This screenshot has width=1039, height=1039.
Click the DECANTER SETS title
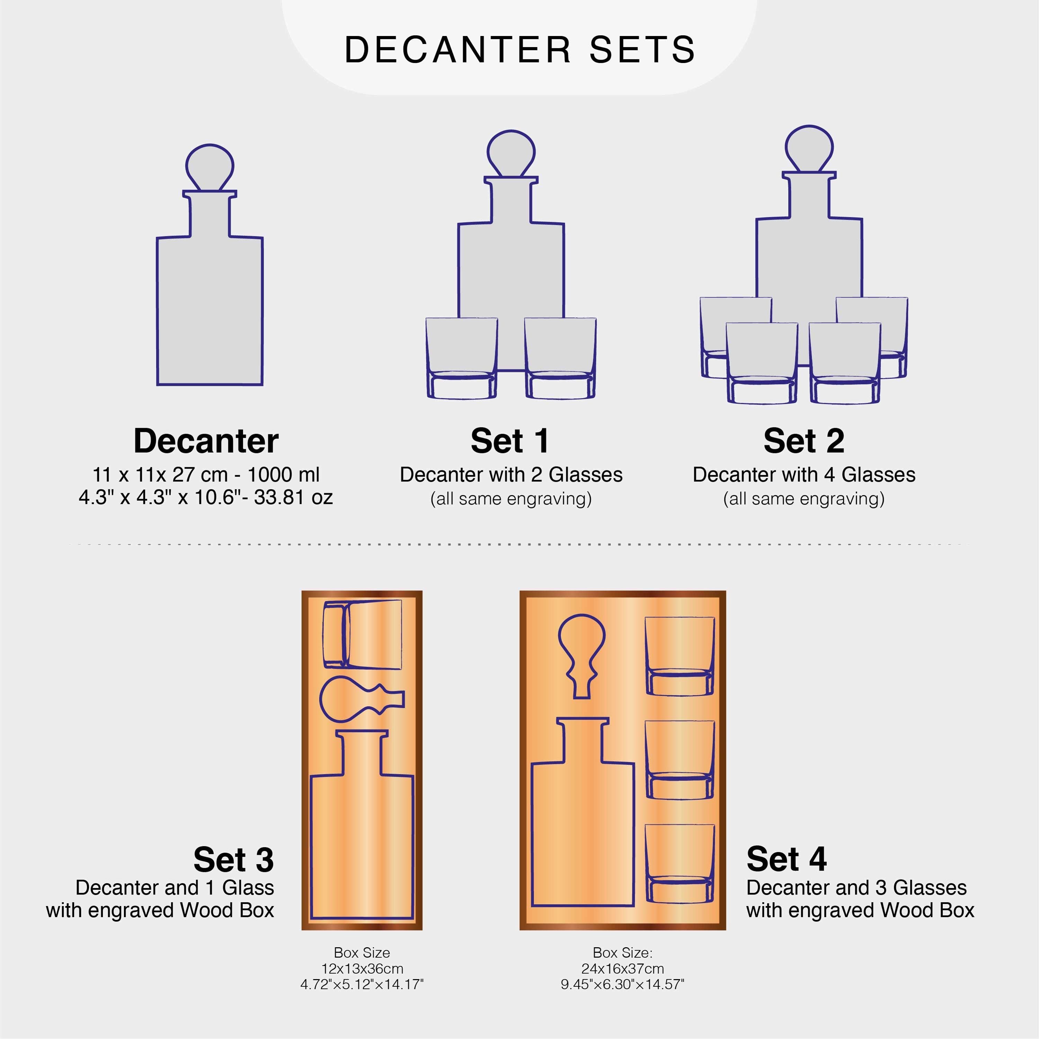(519, 50)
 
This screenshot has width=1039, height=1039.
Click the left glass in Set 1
(461, 358)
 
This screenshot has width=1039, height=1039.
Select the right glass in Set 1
(560, 358)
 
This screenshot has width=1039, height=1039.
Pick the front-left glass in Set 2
(762, 363)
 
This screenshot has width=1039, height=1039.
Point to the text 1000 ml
(283, 475)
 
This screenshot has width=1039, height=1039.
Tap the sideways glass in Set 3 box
(362, 634)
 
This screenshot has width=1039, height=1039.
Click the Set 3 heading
(233, 859)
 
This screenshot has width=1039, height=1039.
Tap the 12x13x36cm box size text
(362, 969)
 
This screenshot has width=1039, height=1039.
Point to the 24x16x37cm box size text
(622, 969)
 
